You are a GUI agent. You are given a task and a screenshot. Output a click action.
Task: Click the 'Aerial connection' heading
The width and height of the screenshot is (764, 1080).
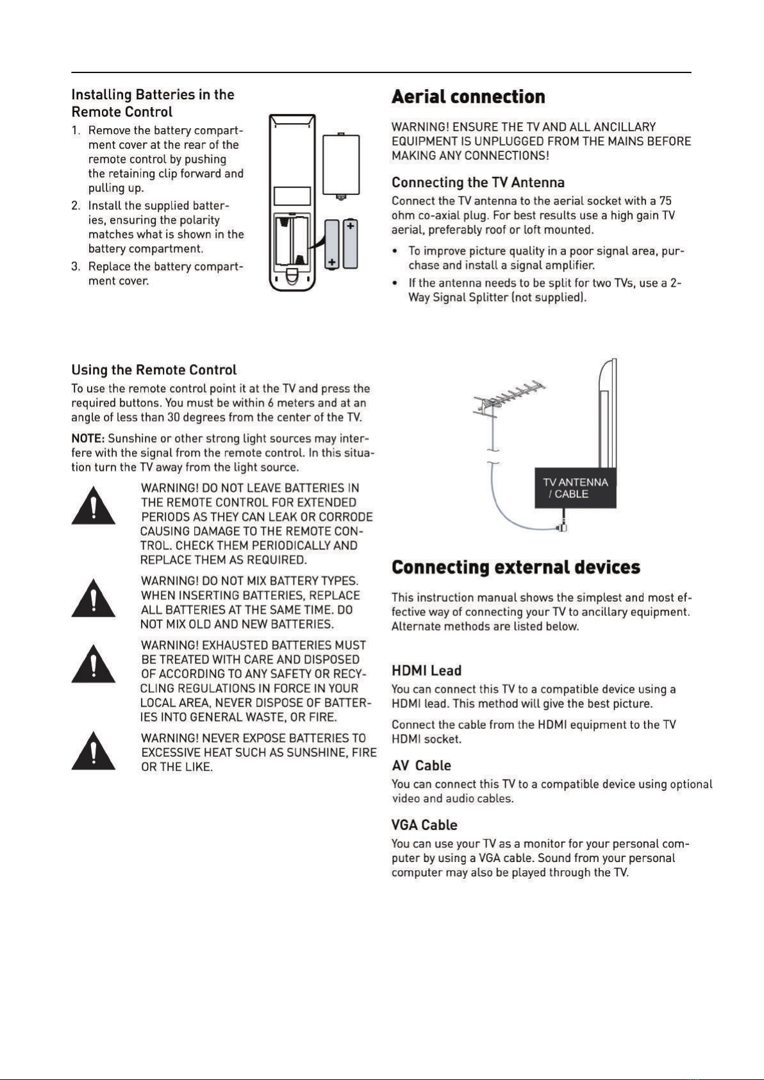point(468,96)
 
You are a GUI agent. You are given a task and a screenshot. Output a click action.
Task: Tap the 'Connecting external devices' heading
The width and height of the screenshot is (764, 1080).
point(516,567)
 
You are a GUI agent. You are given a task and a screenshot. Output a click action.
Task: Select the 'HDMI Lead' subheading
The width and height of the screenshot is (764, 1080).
point(427,670)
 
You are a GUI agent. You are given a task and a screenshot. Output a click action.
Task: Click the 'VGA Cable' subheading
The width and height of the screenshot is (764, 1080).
point(424,825)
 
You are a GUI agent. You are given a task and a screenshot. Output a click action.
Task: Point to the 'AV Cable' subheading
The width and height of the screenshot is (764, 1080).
point(421,766)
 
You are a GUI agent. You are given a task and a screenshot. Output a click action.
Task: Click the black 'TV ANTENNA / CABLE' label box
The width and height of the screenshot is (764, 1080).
point(576,488)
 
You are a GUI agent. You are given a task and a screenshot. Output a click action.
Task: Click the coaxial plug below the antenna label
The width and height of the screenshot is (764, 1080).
point(562,526)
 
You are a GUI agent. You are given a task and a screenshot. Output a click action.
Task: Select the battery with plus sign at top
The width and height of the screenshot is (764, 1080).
point(351,244)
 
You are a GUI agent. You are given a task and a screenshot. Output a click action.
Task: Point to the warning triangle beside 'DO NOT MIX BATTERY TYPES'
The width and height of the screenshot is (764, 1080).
point(94,598)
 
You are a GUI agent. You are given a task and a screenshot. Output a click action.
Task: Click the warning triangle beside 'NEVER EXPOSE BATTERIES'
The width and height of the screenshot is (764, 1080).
point(94,751)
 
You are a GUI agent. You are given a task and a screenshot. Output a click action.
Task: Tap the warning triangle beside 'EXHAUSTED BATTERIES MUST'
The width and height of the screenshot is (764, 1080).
point(94,663)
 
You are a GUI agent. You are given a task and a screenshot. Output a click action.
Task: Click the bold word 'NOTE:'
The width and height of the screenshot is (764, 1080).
point(88,439)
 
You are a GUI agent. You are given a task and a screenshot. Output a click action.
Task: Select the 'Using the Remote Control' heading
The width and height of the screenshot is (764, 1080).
point(154,370)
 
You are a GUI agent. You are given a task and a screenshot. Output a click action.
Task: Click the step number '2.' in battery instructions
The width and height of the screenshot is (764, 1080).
point(76,206)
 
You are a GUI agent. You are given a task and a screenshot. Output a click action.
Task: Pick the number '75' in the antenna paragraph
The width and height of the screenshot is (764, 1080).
point(665,201)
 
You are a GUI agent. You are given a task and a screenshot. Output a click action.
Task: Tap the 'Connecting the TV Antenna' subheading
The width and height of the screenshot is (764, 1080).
point(477,183)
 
